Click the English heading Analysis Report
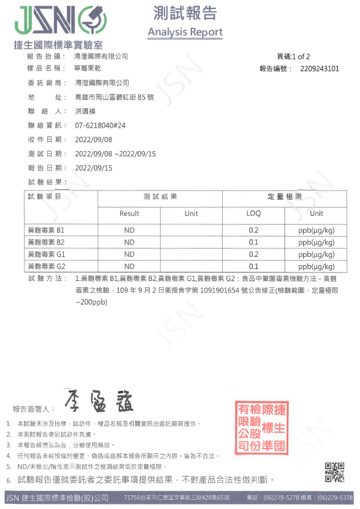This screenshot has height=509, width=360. point(185,32)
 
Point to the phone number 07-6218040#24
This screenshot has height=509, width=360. point(100,125)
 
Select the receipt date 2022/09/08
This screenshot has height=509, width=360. point(93,140)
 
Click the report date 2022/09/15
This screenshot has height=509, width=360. point(93,168)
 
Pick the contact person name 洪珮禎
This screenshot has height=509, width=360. point(86,111)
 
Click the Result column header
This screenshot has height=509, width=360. point(129,214)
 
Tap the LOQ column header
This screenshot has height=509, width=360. point(253,214)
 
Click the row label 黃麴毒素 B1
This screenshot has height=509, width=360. point(46,230)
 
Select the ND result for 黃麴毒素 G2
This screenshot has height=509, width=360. point(129,266)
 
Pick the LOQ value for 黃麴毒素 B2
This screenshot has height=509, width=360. point(253,242)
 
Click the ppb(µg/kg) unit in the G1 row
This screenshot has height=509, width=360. point(316,254)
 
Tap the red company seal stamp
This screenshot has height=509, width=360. point(261,427)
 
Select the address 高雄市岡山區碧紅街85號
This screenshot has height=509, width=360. point(114,97)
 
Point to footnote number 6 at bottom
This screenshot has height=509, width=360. point(9,479)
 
